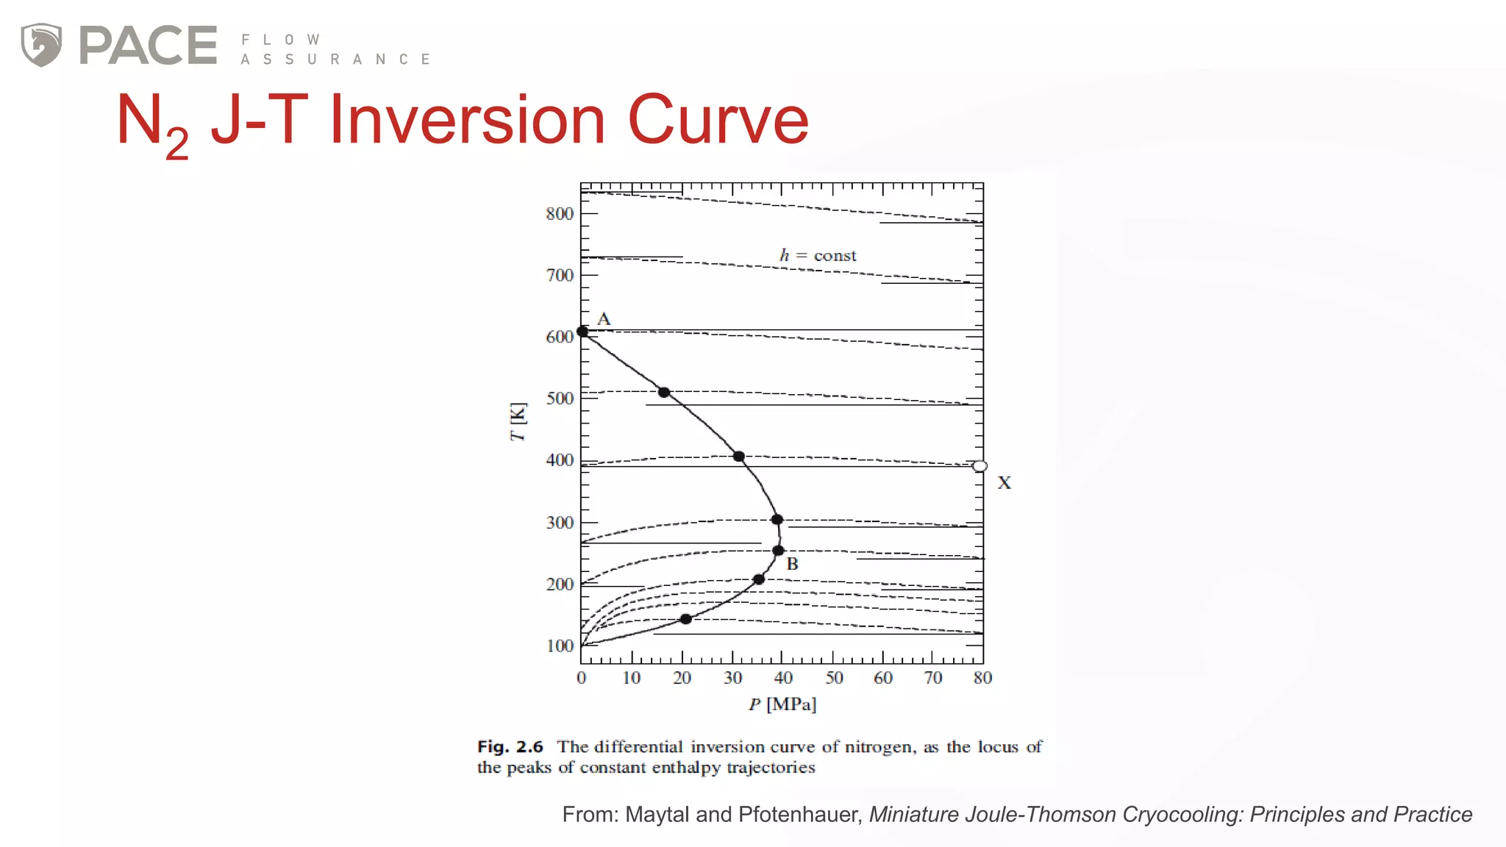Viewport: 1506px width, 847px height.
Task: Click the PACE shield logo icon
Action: pyautogui.click(x=41, y=45)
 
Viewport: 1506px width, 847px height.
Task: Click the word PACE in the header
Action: pyautogui.click(x=148, y=46)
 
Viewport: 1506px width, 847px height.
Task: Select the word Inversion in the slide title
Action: pyautogui.click(x=467, y=120)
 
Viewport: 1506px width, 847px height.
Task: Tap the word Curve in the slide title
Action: pyautogui.click(x=718, y=120)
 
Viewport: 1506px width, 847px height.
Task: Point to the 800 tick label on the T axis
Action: pyautogui.click(x=560, y=214)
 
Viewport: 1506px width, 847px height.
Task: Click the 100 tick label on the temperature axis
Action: pyautogui.click(x=560, y=646)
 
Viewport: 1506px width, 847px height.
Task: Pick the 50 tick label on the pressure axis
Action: pyautogui.click(x=834, y=678)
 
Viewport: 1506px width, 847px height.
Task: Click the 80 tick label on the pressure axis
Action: pyautogui.click(x=982, y=678)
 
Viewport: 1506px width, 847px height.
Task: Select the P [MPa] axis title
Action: pyautogui.click(x=782, y=704)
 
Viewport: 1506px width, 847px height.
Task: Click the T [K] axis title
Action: pyautogui.click(x=518, y=422)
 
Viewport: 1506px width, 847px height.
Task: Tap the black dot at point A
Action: pyautogui.click(x=582, y=332)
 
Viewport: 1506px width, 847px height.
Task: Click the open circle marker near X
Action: pyautogui.click(x=979, y=466)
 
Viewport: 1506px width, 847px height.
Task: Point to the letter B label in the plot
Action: pyautogui.click(x=792, y=564)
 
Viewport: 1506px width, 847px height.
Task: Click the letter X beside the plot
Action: pyautogui.click(x=1004, y=483)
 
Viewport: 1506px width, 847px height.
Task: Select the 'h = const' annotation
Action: pyautogui.click(x=818, y=255)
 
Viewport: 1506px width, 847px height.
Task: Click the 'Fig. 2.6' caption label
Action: pyautogui.click(x=510, y=747)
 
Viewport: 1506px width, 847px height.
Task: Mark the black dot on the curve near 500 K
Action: pyautogui.click(x=664, y=393)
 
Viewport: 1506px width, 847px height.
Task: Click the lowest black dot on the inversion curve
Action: pyautogui.click(x=685, y=619)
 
